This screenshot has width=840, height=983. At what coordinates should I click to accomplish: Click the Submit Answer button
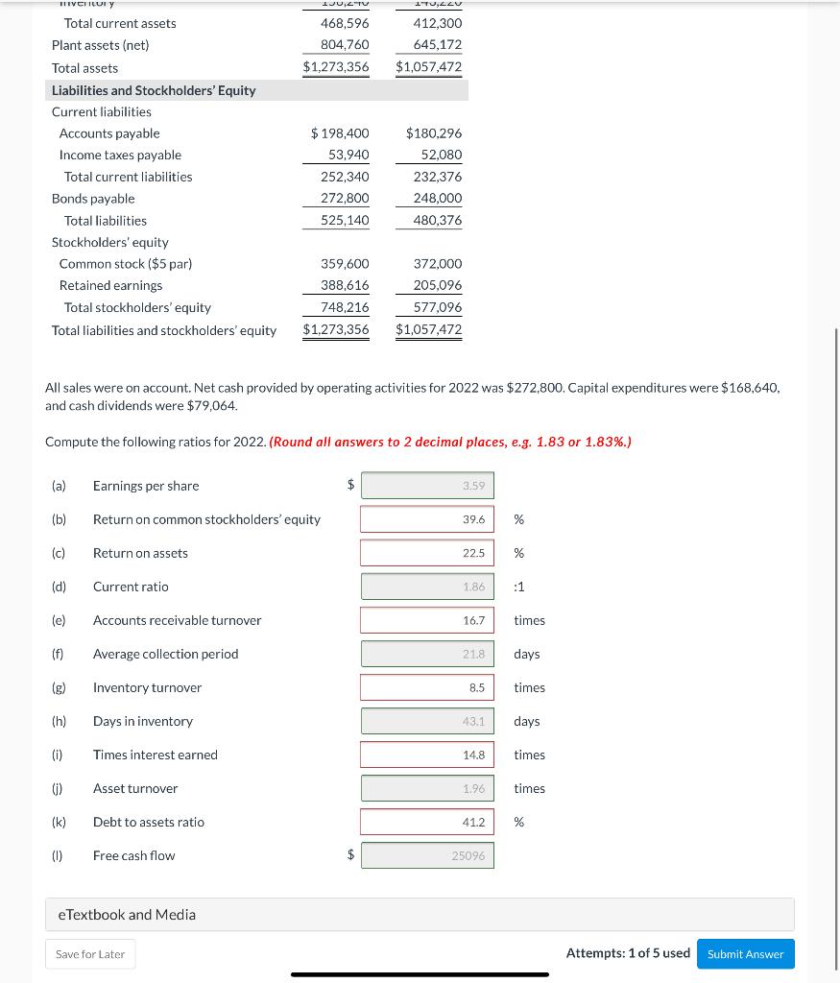click(x=745, y=953)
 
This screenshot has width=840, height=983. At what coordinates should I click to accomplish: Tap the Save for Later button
click(x=90, y=953)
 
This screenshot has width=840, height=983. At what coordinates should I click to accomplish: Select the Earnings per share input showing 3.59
click(x=427, y=486)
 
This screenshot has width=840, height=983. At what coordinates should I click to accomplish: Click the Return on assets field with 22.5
click(x=427, y=553)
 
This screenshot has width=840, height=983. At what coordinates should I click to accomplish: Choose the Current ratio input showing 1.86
click(x=427, y=587)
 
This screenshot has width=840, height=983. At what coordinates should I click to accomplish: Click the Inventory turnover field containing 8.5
click(x=427, y=687)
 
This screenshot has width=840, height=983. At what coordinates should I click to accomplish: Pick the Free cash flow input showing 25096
click(x=427, y=855)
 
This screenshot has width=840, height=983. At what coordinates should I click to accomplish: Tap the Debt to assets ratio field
click(x=427, y=822)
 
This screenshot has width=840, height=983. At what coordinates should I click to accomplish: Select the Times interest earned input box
click(x=427, y=755)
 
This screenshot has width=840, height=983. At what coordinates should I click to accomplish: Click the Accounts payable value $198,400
click(x=340, y=133)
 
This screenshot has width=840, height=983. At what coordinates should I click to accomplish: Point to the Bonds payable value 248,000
click(x=438, y=198)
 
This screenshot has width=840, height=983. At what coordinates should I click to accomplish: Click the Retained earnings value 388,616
click(x=345, y=285)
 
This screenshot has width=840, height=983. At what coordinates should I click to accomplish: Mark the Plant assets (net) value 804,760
click(x=345, y=45)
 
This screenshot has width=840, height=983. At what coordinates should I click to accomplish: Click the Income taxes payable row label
click(x=120, y=155)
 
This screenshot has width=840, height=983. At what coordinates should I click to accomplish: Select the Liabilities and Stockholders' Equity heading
click(x=154, y=90)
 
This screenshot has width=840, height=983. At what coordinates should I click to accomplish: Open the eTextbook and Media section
click(x=127, y=914)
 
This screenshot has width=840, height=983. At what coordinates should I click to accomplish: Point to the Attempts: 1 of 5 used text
click(x=628, y=953)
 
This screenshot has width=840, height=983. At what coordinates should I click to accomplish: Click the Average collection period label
click(x=165, y=654)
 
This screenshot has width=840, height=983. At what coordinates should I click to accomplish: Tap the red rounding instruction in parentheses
click(x=450, y=442)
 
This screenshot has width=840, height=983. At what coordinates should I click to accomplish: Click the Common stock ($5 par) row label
click(x=126, y=263)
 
